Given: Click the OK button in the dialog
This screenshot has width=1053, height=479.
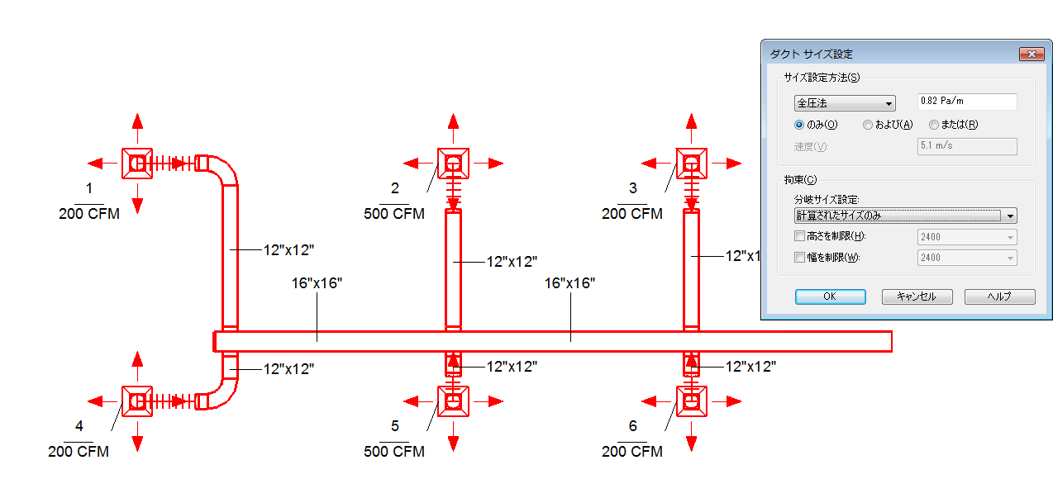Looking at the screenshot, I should tap(830, 296).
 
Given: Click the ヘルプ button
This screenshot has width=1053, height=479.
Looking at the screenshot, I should tap(1000, 296).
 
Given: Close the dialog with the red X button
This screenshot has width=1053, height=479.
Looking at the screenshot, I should tap(1031, 54).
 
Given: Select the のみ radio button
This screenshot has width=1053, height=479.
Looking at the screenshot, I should tap(799, 125).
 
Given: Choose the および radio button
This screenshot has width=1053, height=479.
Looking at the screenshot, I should tap(868, 125).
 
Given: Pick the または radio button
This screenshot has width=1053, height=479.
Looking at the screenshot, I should tap(934, 125).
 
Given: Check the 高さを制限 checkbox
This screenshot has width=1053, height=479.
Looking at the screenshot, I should tap(799, 236).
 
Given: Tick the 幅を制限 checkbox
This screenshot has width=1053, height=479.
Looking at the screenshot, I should tap(799, 257).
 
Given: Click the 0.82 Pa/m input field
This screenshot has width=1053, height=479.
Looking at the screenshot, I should tap(967, 102).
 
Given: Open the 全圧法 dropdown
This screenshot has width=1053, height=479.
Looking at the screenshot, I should tap(844, 103).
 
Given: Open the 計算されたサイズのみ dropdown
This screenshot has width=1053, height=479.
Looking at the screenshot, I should tap(904, 216).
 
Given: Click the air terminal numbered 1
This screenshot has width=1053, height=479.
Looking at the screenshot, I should tap(137, 164).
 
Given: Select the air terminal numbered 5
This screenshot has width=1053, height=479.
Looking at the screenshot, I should tap(453, 401).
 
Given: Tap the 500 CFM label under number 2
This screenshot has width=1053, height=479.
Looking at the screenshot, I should tap(394, 214).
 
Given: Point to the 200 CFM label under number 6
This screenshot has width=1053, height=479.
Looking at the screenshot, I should tap(632, 452).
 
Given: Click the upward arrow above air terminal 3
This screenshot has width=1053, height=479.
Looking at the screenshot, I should tap(691, 124).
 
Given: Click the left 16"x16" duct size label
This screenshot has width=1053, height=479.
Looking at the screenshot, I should tap(317, 283).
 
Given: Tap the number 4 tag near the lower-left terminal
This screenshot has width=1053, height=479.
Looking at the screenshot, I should tap(79, 426).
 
